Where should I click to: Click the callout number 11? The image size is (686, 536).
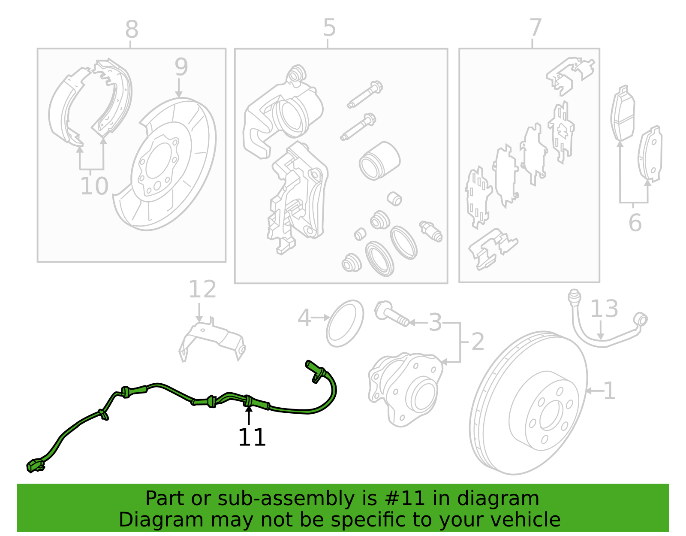click(252, 438)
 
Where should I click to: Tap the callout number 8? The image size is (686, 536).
click(132, 29)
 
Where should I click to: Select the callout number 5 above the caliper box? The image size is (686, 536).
click(329, 27)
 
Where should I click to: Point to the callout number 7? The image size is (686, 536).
click(536, 27)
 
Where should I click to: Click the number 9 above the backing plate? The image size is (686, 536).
click(181, 67)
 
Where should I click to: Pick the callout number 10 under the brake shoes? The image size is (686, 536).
click(94, 186)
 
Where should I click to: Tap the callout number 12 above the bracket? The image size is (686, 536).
click(202, 289)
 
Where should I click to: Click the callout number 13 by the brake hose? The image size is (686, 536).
click(604, 309)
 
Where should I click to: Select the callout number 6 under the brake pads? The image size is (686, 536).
click(635, 223)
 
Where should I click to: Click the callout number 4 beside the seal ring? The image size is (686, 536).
click(304, 318)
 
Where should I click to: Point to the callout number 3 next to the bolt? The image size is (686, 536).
click(435, 322)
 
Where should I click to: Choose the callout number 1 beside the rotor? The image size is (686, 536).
click(609, 391)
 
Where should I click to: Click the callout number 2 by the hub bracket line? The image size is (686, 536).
click(478, 342)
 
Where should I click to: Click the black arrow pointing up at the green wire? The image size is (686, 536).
click(249, 415)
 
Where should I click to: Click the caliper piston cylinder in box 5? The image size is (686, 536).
click(379, 161)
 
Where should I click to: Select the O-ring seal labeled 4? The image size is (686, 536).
click(345, 324)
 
